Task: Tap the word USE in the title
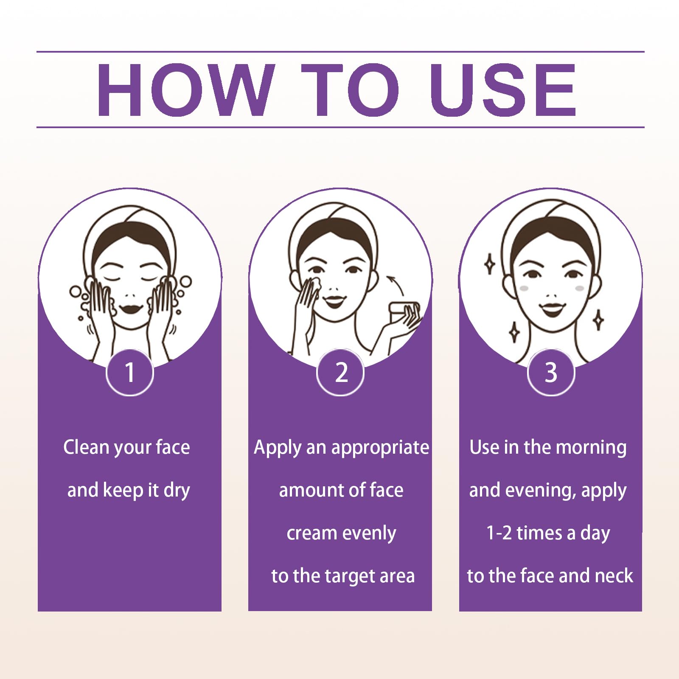tap(503, 90)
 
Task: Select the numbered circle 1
tap(130, 373)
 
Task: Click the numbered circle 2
tap(340, 373)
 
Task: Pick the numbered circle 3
tap(551, 373)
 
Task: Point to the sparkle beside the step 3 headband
tap(490, 264)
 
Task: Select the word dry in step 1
tap(177, 491)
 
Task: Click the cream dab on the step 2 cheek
tap(314, 284)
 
